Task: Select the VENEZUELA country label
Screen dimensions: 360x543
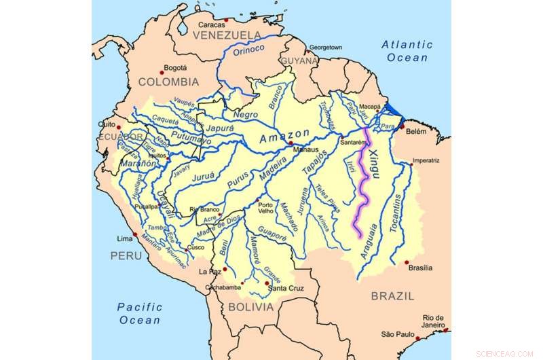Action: [227, 35]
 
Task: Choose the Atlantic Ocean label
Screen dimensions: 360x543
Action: [407, 51]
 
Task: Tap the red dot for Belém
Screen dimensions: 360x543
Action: [402, 126]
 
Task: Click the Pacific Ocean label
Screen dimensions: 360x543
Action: [138, 313]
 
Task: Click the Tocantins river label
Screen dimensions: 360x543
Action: [400, 211]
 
